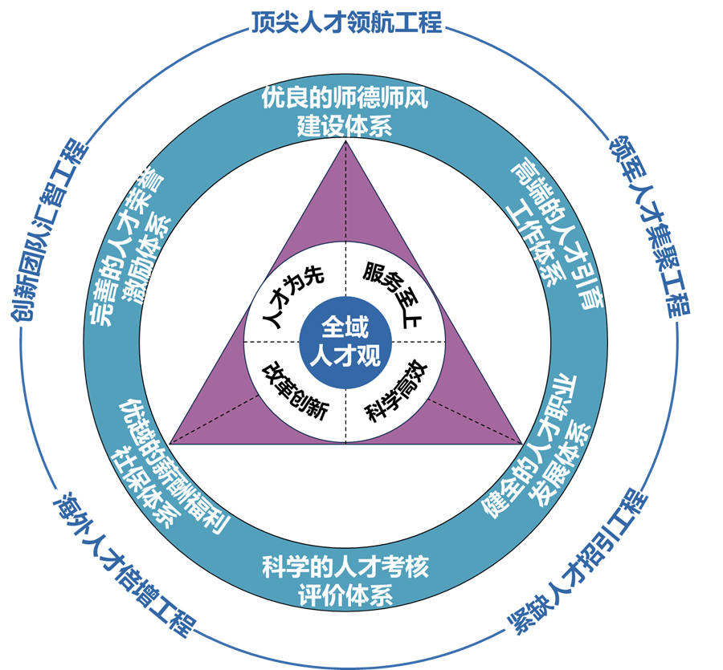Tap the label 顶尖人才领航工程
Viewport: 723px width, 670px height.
tap(345, 22)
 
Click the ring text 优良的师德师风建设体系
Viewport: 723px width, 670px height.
tap(345, 112)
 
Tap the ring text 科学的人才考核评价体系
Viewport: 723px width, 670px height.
tap(345, 581)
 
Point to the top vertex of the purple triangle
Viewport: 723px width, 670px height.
tap(345, 142)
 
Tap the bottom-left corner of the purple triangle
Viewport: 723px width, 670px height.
tap(169, 442)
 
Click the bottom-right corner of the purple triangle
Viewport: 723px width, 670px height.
tap(522, 442)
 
